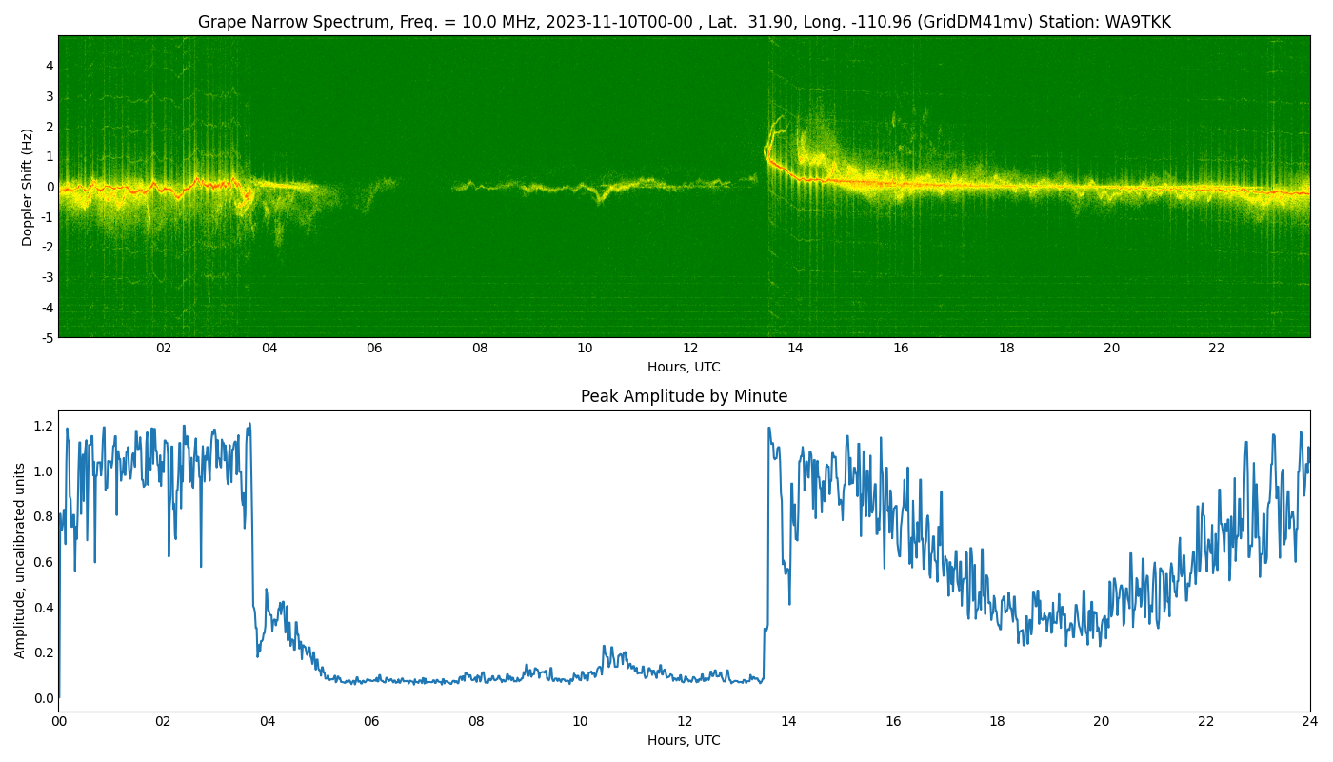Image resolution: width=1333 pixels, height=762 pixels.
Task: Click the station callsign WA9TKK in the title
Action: tap(1138, 22)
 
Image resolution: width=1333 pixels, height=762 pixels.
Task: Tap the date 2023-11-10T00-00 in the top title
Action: tap(619, 22)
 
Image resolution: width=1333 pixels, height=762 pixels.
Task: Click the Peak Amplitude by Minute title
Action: tap(684, 396)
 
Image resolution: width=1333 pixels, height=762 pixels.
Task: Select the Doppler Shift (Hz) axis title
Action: tap(27, 187)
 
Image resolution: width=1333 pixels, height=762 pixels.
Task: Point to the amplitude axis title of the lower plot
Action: tap(20, 561)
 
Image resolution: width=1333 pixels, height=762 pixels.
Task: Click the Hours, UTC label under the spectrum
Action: tap(684, 367)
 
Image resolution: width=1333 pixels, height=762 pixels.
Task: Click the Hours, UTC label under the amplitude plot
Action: tap(684, 740)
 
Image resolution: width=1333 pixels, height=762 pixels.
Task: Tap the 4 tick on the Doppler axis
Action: tap(50, 66)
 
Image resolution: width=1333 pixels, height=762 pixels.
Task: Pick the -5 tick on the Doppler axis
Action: tap(47, 338)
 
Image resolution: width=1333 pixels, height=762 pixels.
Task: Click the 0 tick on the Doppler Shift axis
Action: tap(50, 187)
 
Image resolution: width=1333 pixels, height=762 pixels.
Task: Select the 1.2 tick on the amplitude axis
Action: tap(44, 427)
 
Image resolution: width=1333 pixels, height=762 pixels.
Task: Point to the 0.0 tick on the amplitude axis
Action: tap(44, 698)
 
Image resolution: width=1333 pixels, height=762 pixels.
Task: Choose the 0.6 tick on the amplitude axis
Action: tap(44, 562)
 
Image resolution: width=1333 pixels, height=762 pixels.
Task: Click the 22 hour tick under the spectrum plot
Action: tap(1217, 349)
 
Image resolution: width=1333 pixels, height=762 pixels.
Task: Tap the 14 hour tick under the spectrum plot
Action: tap(796, 349)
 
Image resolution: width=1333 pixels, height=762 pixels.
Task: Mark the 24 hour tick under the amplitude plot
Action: tap(1309, 722)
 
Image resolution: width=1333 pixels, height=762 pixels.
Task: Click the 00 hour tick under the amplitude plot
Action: tap(58, 722)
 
